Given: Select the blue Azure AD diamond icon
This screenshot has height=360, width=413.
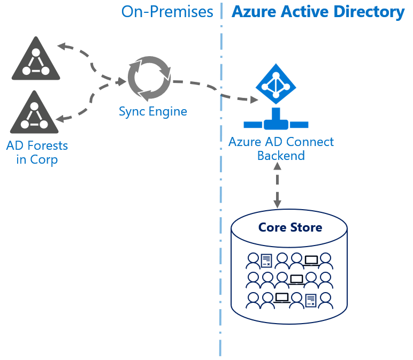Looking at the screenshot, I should pyautogui.click(x=276, y=84).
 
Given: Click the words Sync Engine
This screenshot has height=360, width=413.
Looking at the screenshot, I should pyautogui.click(x=153, y=111).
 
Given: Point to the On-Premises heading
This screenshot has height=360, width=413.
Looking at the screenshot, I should pyautogui.click(x=167, y=11).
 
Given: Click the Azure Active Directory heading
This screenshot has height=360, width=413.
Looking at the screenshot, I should pyautogui.click(x=318, y=11).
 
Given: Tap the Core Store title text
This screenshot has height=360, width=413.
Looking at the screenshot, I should pyautogui.click(x=290, y=227).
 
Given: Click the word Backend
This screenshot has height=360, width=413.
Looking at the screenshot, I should pyautogui.click(x=281, y=156).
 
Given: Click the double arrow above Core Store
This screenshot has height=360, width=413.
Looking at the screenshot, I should pyautogui.click(x=277, y=185).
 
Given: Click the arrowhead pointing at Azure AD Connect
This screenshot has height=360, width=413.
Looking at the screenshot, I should pyautogui.click(x=254, y=99).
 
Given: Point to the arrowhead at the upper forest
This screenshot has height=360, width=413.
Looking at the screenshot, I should pyautogui.click(x=62, y=47).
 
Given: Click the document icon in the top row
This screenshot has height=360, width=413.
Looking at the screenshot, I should pyautogui.click(x=266, y=260).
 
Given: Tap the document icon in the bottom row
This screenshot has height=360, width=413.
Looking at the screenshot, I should pyautogui.click(x=311, y=301).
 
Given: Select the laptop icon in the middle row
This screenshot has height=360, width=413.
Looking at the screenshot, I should pyautogui.click(x=296, y=280).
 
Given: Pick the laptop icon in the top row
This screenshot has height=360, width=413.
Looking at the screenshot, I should pyautogui.click(x=311, y=261).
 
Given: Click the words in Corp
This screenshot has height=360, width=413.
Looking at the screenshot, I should pyautogui.click(x=37, y=159).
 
